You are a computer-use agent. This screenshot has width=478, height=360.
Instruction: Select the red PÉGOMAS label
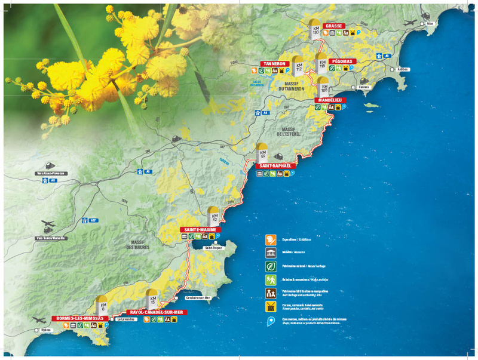342,61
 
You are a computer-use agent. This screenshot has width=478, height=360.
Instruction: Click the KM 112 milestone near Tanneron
299,67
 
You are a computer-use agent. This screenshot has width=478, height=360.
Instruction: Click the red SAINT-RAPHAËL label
275,165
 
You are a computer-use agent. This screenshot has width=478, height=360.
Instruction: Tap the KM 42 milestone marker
213,217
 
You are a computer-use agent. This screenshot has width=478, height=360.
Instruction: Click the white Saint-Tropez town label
213,247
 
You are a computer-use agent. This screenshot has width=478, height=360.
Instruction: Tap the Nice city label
430,24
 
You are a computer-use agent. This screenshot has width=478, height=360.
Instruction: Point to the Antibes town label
404,69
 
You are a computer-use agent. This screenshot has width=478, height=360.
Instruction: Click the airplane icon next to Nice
412,23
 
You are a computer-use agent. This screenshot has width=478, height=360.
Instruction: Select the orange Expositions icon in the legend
271,239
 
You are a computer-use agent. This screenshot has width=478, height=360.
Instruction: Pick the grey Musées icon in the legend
271,253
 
